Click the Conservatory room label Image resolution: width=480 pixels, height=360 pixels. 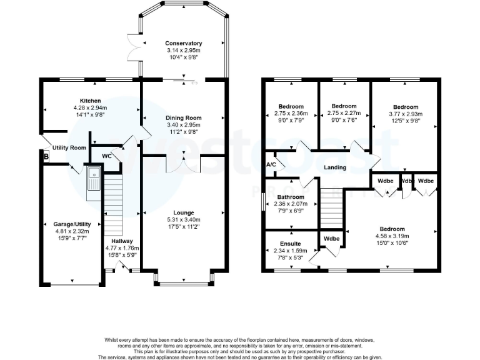[x=184, y=43]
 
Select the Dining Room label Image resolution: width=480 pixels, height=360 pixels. [x=183, y=117]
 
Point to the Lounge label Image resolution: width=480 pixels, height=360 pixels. [x=184, y=212]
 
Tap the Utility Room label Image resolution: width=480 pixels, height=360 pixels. [x=69, y=147]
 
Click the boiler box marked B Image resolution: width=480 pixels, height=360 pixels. [x=45, y=157]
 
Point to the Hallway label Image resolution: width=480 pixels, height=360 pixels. [x=122, y=241]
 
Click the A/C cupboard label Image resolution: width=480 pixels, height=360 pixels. [x=271, y=164]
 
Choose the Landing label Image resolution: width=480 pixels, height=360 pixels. [x=336, y=167]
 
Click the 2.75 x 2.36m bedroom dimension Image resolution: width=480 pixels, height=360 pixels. [x=291, y=114]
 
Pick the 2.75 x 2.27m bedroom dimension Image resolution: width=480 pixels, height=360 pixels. [x=344, y=114]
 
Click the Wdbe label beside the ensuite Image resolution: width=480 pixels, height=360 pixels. [x=331, y=239]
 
